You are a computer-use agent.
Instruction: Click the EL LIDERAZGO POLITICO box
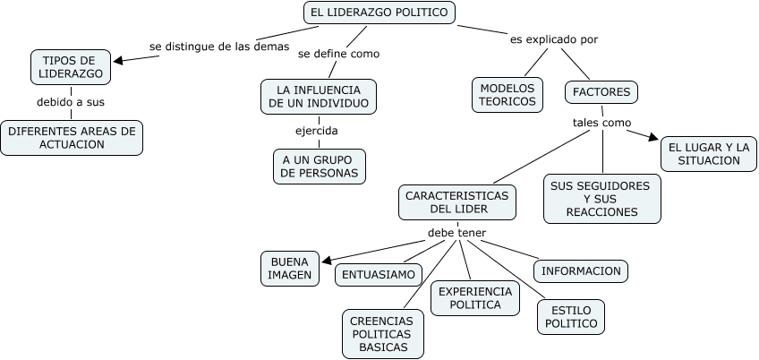coord(379,13)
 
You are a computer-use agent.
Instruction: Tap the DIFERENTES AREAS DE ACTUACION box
coord(72,137)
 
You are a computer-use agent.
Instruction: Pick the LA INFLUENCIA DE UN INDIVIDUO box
coord(319,97)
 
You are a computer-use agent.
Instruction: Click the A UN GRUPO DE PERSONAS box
coord(320,166)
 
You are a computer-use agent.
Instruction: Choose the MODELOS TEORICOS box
coord(507,94)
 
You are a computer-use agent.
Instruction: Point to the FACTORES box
coord(601,91)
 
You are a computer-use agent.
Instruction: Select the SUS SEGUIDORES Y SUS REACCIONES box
coord(601,198)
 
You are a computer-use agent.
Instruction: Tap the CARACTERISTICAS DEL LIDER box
coord(457,201)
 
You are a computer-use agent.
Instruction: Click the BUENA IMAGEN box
coord(289,268)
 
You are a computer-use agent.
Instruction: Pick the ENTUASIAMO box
coord(373,275)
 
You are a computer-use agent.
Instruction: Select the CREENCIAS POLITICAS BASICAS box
coord(382,333)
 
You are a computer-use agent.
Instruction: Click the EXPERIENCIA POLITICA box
coord(475,298)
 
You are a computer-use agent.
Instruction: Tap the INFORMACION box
coord(581,270)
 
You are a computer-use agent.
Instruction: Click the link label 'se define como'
coord(338,54)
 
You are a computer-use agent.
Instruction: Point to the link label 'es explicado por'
coord(554,39)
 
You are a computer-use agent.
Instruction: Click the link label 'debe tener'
coord(456,233)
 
